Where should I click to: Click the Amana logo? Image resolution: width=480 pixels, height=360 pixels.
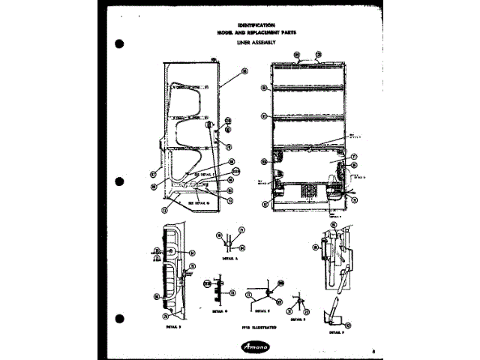[x=258, y=347]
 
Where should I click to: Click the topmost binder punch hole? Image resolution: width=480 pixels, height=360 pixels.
[x=118, y=41]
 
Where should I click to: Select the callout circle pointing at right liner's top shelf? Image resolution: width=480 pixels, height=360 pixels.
[x=264, y=88]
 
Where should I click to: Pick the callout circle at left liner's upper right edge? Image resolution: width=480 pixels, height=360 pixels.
[x=244, y=72]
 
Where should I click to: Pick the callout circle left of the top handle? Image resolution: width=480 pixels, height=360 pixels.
[x=296, y=54]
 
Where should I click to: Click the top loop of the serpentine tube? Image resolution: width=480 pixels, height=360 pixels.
[x=187, y=87]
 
